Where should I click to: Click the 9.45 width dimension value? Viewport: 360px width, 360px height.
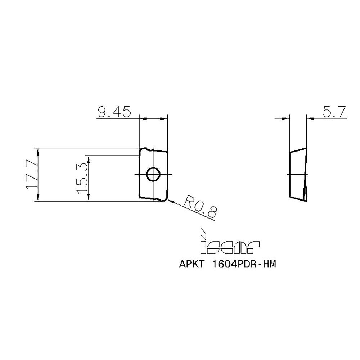(x=113, y=113)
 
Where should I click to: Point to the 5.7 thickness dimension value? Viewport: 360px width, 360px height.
(x=334, y=113)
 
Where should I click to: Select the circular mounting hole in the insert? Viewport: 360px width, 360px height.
(x=153, y=174)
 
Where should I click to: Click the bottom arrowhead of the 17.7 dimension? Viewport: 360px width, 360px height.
(x=39, y=198)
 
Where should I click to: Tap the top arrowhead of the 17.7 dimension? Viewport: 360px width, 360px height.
(x=39, y=151)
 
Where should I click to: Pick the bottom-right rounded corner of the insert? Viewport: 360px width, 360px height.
(x=166, y=199)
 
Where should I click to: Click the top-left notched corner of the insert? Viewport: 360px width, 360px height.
(x=143, y=149)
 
